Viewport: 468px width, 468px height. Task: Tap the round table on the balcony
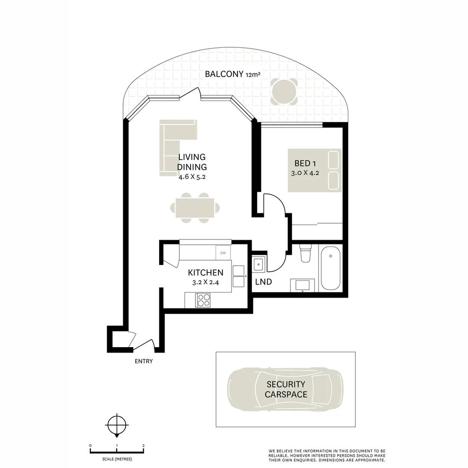[285, 91]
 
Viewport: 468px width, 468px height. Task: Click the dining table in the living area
[195, 208]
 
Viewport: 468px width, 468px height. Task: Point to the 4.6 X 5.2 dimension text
[192, 176]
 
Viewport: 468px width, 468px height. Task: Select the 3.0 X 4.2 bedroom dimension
[305, 173]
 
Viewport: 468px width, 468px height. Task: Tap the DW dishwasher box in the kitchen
[223, 253]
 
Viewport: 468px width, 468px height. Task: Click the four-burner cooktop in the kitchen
[203, 300]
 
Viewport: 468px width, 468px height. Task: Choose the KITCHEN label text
[205, 273]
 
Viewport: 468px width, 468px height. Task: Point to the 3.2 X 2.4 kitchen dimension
[205, 282]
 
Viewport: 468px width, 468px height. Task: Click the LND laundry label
[263, 282]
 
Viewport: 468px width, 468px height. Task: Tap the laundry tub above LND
[259, 263]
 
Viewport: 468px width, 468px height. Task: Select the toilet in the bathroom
[305, 253]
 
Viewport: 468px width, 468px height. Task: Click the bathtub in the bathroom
[330, 268]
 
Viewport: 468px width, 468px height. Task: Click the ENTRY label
[143, 361]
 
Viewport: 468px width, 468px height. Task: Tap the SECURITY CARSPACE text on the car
[286, 389]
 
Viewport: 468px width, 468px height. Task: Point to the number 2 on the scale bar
[143, 445]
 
